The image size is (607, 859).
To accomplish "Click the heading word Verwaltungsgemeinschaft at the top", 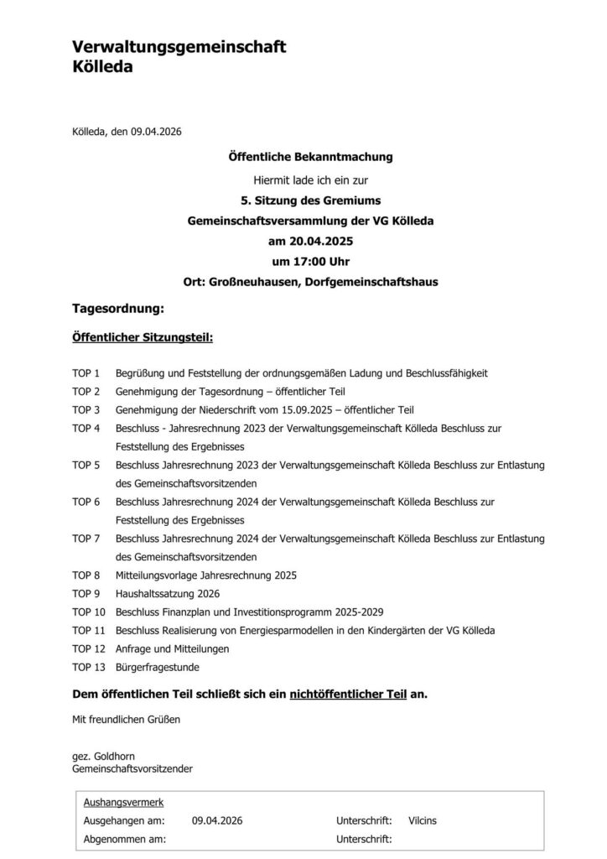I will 179,48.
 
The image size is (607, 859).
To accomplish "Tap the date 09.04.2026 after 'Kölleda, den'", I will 156,131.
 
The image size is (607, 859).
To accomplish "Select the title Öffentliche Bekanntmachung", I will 310,157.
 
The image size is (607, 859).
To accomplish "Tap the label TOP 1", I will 86,372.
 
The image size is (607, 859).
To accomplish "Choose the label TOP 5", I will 86,465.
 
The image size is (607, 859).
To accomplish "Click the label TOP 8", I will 86,575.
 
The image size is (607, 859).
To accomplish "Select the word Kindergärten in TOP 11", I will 388,631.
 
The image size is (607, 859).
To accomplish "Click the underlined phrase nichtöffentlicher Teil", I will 348,695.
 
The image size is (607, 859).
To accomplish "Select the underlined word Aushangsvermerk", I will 123,803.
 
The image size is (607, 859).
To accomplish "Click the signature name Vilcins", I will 423,820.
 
